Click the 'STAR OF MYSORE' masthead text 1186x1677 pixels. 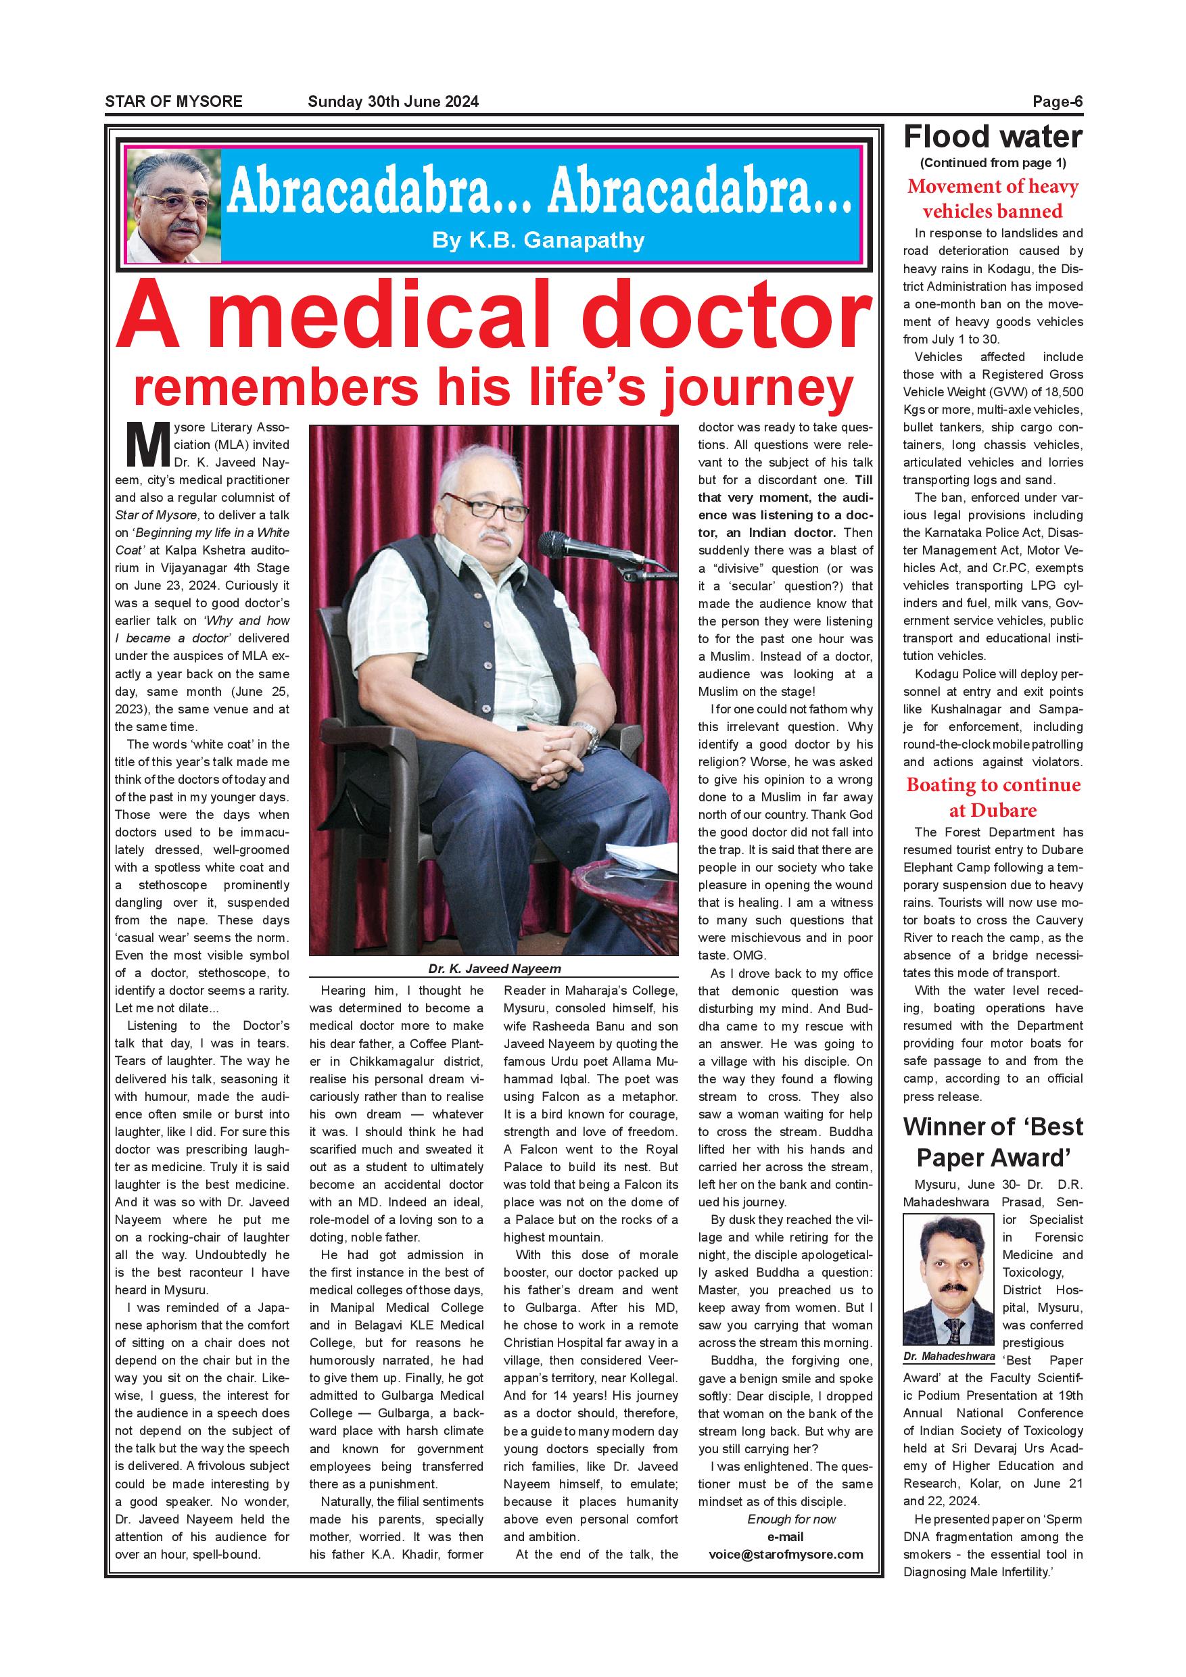[x=173, y=101]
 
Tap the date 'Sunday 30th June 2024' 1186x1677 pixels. [x=393, y=101]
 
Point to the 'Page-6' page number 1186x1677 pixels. [x=1057, y=101]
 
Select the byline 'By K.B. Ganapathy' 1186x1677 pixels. [x=538, y=240]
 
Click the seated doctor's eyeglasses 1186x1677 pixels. [x=485, y=506]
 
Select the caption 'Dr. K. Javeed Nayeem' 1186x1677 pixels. [x=494, y=969]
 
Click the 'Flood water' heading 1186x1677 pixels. [x=993, y=137]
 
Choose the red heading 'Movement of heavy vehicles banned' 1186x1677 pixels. [x=993, y=199]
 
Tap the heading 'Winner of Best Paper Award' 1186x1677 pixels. [x=993, y=1142]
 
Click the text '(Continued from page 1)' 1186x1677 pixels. [x=993, y=163]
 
